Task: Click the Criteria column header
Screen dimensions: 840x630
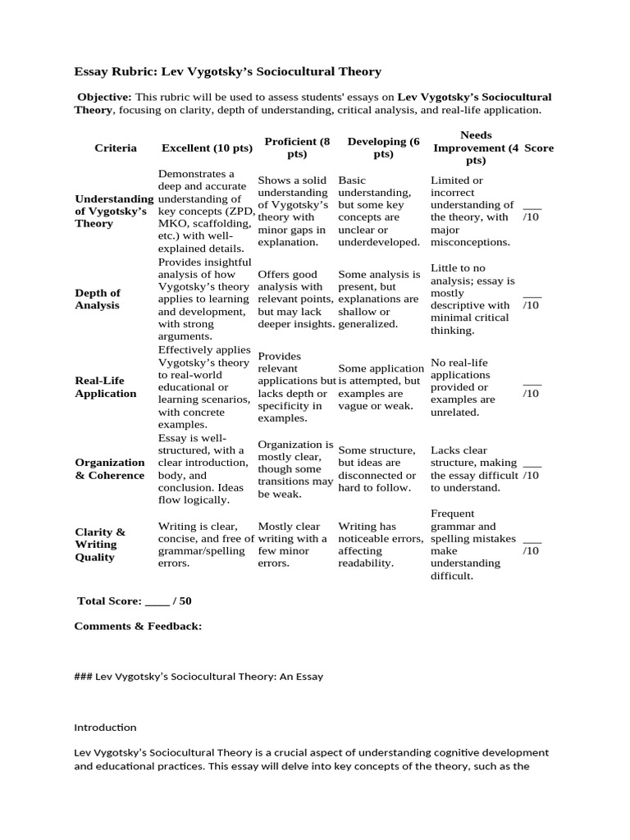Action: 116,148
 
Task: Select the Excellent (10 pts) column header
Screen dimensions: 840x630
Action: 207,148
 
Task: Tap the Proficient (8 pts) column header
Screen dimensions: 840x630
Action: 297,148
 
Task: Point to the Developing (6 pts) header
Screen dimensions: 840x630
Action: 383,148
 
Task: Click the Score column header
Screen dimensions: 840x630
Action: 539,148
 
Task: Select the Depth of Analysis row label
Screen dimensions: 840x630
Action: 98,299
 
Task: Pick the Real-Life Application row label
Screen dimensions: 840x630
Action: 106,386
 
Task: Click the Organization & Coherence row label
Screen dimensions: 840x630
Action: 110,468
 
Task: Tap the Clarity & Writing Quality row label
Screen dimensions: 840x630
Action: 100,544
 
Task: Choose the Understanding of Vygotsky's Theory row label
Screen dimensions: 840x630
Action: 113,211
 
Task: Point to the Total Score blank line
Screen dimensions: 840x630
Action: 157,601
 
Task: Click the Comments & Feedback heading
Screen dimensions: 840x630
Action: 138,626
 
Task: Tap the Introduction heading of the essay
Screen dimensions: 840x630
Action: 105,727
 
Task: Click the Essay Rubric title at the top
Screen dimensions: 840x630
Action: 227,71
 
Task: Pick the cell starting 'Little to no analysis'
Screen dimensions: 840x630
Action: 472,299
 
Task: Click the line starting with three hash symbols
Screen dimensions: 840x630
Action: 199,677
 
